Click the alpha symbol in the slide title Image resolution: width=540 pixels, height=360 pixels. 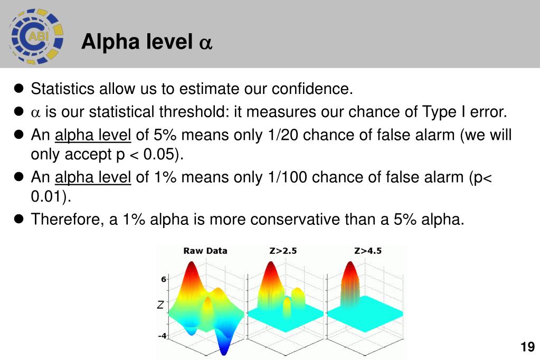pyautogui.click(x=205, y=43)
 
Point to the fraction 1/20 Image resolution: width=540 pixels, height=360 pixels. pyautogui.click(x=280, y=135)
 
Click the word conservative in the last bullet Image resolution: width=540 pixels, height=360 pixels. pyautogui.click(x=295, y=219)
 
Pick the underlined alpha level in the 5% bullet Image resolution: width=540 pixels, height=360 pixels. pyautogui.click(x=93, y=135)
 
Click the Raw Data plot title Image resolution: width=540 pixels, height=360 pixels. pyautogui.click(x=205, y=251)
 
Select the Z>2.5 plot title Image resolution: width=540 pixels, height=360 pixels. pyautogui.click(x=283, y=251)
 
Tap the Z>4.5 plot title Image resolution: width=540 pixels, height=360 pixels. pyautogui.click(x=368, y=251)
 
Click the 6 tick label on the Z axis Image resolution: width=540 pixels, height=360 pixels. pyautogui.click(x=164, y=279)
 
